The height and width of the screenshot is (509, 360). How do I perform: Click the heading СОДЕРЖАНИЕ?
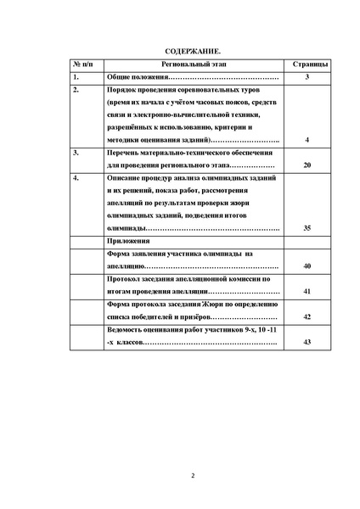coord(180,51)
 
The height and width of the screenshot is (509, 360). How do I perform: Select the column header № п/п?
coord(82,64)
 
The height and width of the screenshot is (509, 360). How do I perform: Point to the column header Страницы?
coord(306,64)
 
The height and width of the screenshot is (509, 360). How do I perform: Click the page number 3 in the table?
coord(306,77)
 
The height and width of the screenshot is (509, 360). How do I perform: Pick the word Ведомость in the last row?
coord(127,328)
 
